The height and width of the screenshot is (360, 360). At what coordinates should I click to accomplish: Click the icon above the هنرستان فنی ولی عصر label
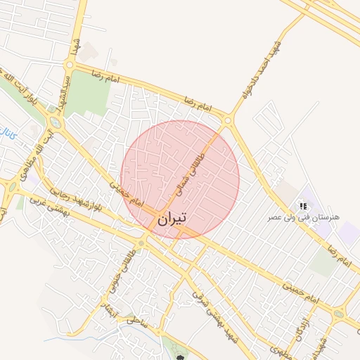point(303,206)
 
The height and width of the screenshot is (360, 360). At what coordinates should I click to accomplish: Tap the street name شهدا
point(73,43)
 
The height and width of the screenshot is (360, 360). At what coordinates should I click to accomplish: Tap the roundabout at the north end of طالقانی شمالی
point(227,121)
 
